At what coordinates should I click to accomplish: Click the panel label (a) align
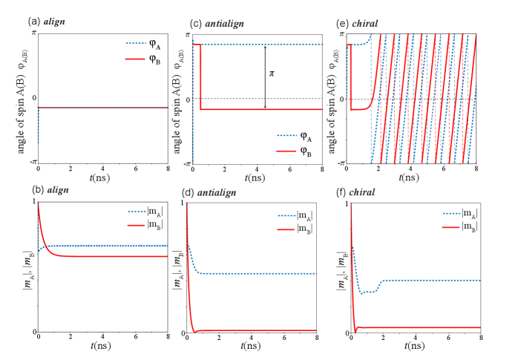click(x=46, y=22)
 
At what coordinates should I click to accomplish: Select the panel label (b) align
click(x=50, y=189)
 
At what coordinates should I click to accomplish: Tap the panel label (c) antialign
click(x=217, y=24)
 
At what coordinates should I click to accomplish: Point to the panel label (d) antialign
click(x=209, y=193)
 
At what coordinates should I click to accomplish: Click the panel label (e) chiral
click(x=357, y=24)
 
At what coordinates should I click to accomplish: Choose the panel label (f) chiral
click(x=355, y=193)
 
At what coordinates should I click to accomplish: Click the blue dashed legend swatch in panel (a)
click(x=136, y=43)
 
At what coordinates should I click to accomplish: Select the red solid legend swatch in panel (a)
click(x=136, y=59)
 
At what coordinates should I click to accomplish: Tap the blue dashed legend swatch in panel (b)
click(x=137, y=212)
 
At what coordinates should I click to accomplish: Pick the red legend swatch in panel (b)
click(x=137, y=225)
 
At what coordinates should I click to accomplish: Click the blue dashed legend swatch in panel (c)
click(x=286, y=136)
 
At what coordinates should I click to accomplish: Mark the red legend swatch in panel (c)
click(x=286, y=151)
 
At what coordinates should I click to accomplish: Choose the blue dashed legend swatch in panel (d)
click(x=286, y=216)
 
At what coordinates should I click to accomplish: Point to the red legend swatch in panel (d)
click(x=286, y=229)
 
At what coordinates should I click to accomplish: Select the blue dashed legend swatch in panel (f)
click(x=451, y=213)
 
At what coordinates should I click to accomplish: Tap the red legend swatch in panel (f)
click(x=451, y=227)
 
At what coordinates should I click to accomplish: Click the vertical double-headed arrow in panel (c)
click(x=265, y=76)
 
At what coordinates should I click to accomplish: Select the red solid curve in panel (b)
click(x=111, y=257)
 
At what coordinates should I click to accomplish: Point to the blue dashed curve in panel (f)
click(x=430, y=280)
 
